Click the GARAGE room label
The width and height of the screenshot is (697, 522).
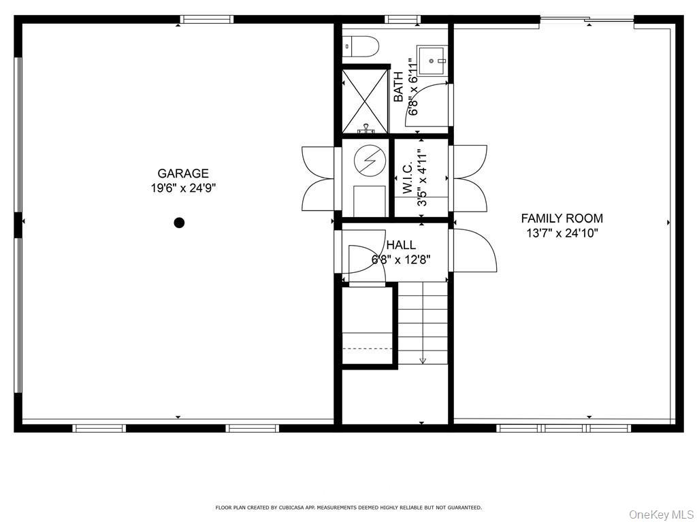coord(183,174)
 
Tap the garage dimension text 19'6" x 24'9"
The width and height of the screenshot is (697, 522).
coord(183,188)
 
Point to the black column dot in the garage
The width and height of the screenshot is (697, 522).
coord(179,223)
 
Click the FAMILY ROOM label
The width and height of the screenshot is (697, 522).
coord(562,218)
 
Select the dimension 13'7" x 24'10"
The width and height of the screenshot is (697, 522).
coord(562,233)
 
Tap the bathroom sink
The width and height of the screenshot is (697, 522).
coord(432,59)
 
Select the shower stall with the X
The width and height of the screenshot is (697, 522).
coord(365,101)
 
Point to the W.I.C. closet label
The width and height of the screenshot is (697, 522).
coord(408,178)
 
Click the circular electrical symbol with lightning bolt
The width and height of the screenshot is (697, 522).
coord(370,161)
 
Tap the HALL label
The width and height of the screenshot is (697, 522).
coord(401,245)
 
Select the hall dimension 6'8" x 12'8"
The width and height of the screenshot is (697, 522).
coord(401,259)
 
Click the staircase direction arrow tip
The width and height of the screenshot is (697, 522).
coord(423,361)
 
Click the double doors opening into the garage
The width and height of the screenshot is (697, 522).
coord(319,178)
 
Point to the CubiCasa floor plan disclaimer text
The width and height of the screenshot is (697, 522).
coord(348,508)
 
